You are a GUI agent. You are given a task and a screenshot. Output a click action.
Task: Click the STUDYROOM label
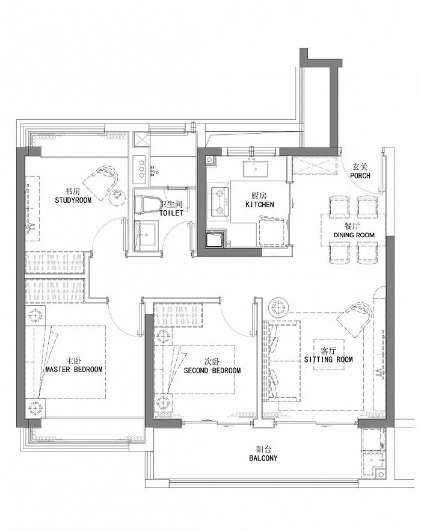point(73,200)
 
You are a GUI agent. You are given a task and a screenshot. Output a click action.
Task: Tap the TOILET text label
point(171,213)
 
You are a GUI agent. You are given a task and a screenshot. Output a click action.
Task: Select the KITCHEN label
point(260,205)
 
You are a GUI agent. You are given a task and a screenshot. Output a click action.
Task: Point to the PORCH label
point(360,176)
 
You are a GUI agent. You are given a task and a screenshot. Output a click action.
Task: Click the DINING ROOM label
point(354,235)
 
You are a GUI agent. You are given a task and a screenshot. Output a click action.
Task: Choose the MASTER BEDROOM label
point(74,369)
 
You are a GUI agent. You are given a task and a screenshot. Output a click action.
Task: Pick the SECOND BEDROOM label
point(212,370)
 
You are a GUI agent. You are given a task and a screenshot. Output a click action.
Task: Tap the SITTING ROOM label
point(328,359)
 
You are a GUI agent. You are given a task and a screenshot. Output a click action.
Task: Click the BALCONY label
point(263,458)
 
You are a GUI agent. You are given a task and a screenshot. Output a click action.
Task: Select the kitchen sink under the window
point(255,169)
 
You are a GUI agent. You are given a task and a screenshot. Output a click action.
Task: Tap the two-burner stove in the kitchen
point(220,202)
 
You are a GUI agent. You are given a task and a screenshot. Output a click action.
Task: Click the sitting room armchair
point(355,319)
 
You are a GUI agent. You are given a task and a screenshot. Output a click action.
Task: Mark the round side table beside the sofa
point(278,308)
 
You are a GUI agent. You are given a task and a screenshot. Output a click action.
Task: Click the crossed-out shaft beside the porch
point(315,166)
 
